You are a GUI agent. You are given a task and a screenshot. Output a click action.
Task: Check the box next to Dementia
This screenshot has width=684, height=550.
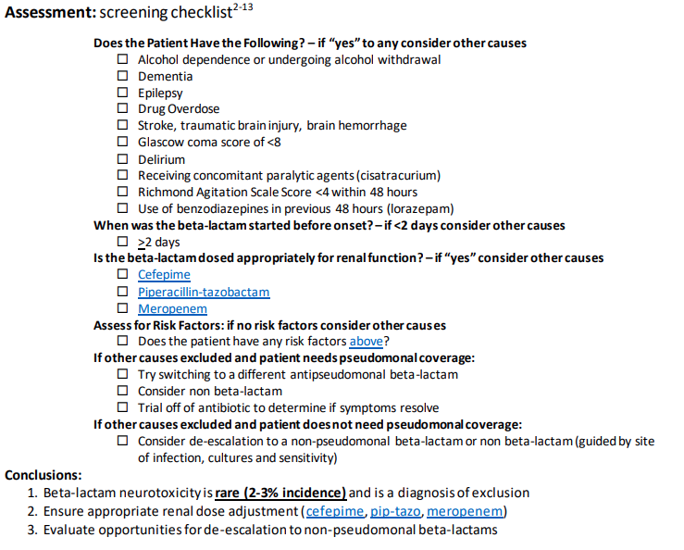[x=123, y=76]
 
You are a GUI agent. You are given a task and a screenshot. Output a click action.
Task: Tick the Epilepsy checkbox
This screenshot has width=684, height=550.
[x=123, y=93]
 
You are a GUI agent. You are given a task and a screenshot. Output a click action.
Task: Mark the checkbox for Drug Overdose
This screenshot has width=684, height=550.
[x=123, y=109]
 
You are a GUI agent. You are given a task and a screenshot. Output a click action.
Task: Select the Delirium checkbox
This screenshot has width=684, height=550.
[x=123, y=159]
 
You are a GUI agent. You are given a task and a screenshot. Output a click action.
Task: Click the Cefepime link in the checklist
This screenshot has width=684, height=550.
[x=164, y=275]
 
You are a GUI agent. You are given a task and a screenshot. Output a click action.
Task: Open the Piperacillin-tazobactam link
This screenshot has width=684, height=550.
[x=204, y=292]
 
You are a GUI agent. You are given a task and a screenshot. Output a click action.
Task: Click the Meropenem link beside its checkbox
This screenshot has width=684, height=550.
[x=172, y=308]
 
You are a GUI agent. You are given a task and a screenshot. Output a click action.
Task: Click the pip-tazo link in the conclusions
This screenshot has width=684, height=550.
[x=395, y=511]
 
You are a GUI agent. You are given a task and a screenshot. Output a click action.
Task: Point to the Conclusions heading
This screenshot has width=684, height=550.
[x=44, y=475]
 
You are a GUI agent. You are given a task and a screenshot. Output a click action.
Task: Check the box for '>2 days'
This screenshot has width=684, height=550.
[x=123, y=242]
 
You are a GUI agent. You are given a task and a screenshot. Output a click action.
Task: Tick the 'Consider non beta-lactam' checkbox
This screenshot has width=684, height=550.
[x=123, y=392]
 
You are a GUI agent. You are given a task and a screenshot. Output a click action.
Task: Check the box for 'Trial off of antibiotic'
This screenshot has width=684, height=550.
[x=123, y=408]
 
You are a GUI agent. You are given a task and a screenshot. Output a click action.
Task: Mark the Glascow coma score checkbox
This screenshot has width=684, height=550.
[x=123, y=143]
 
